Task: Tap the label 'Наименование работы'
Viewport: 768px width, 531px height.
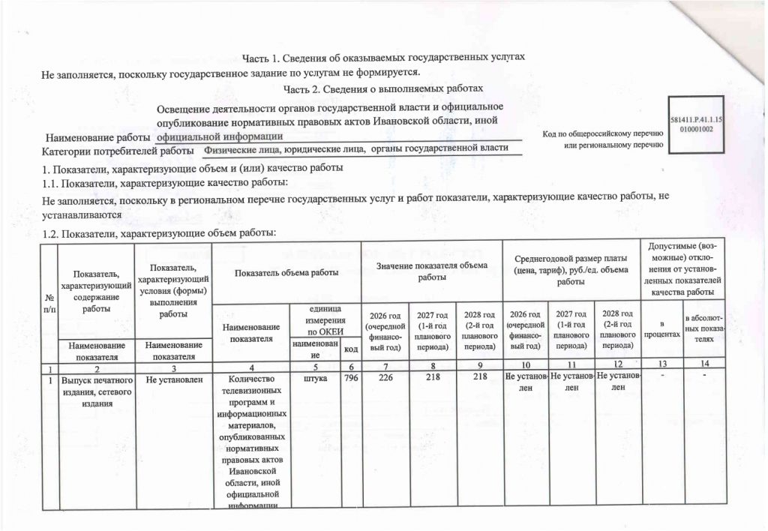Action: (x=99, y=138)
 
